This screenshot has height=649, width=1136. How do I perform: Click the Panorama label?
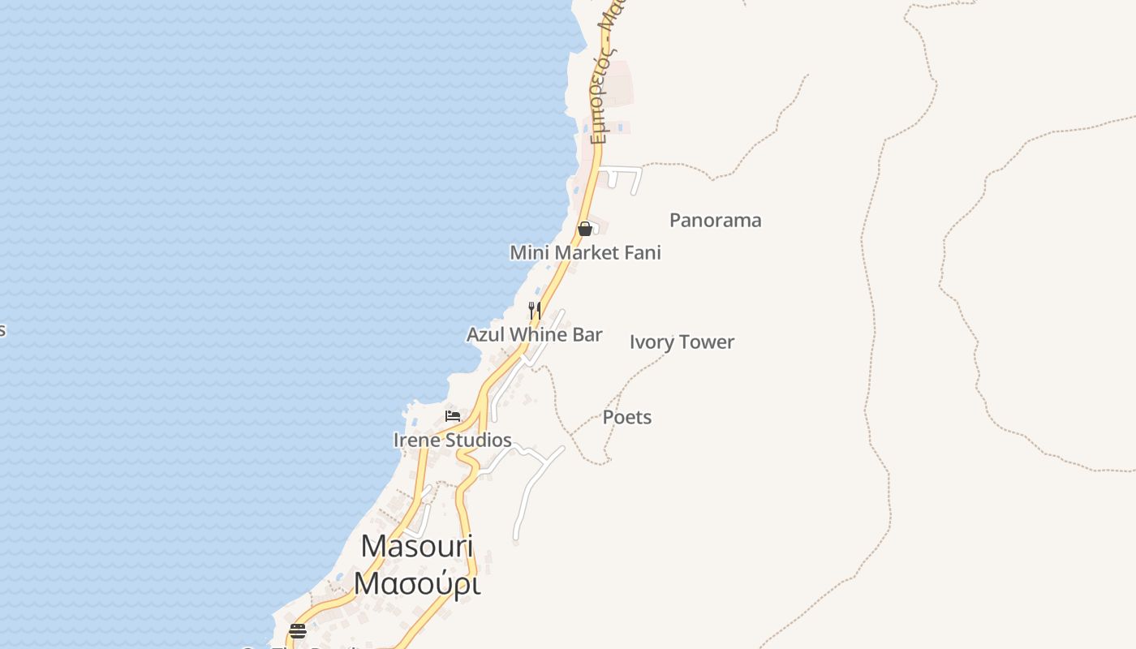point(715,221)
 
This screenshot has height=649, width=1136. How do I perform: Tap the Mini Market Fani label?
point(585,253)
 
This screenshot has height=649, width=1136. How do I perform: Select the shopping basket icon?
point(584,229)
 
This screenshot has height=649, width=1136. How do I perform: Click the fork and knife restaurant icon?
point(534,310)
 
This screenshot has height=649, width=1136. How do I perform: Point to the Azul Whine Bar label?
point(534,334)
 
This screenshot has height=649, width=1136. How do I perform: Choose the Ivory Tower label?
point(682,342)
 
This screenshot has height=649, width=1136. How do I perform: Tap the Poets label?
point(626,418)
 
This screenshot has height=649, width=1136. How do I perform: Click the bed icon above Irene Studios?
point(453,416)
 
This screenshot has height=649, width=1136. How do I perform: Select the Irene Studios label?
point(452,441)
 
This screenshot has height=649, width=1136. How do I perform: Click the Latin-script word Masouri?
point(417,546)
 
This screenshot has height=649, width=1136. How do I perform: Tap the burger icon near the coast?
point(298,631)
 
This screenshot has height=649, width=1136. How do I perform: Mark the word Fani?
point(643,253)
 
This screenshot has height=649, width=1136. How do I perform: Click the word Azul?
point(484,334)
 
